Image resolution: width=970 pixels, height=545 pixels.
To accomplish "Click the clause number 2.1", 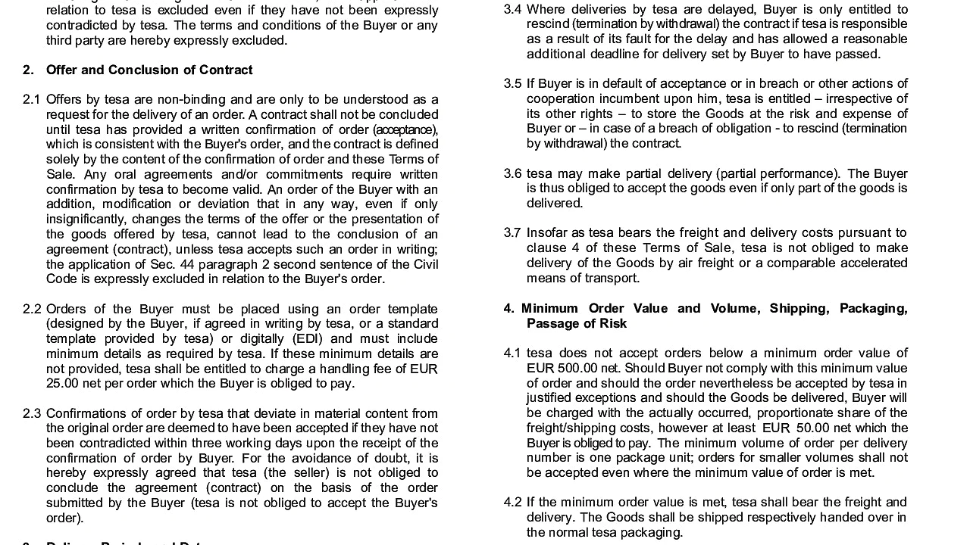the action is (x=31, y=99).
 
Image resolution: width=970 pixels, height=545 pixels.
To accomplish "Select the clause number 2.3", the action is (x=31, y=413).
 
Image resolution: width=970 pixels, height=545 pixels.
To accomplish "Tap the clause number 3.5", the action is (x=512, y=84).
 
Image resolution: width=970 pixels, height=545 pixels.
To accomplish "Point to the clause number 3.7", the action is (x=512, y=233).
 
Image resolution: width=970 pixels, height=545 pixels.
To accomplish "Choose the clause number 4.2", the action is (x=512, y=503).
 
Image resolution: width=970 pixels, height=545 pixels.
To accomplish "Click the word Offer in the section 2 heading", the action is (x=62, y=70).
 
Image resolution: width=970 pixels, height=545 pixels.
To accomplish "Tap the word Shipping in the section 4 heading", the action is (x=799, y=308).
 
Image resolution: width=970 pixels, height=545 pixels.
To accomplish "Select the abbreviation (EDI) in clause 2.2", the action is (x=308, y=338).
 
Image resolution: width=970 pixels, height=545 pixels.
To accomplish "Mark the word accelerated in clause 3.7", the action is (x=868, y=263).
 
